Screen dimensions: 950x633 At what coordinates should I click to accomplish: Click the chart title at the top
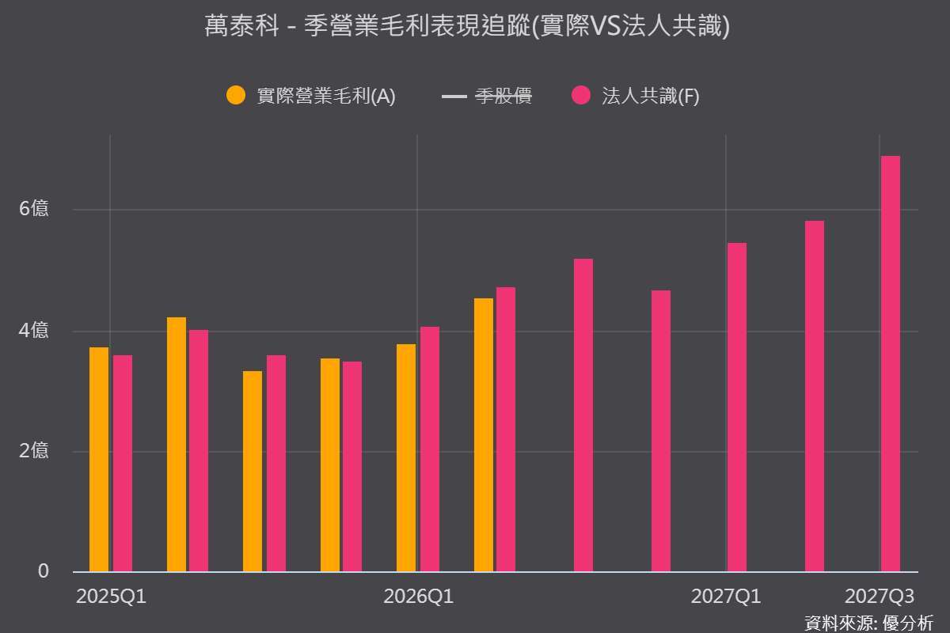click(467, 26)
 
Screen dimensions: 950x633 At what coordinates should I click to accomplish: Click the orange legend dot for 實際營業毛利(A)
click(236, 95)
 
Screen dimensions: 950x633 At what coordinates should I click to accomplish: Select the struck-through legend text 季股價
click(503, 96)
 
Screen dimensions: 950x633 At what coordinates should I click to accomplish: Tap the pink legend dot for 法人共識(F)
click(581, 95)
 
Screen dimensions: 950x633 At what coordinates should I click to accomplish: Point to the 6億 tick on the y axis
click(34, 209)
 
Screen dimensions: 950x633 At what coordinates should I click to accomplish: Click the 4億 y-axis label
click(34, 330)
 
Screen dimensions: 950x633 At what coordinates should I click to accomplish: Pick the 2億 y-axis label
click(34, 451)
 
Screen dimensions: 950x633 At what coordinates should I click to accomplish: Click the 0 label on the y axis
click(44, 571)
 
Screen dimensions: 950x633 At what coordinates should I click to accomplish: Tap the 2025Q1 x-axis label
click(111, 597)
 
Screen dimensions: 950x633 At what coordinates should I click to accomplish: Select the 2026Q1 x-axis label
click(419, 597)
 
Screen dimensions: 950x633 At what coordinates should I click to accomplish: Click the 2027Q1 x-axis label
click(726, 597)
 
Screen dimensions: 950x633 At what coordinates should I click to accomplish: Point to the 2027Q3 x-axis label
click(880, 597)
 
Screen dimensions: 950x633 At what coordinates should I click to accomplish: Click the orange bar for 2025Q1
click(99, 460)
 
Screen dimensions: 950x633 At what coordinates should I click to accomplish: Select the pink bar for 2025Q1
click(123, 464)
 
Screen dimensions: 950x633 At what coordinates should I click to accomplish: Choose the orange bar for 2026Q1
click(406, 458)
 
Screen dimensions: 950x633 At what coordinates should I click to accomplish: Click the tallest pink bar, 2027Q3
click(891, 364)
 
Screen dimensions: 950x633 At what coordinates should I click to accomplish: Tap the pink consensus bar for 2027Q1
click(737, 407)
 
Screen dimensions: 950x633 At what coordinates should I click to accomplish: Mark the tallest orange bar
click(484, 435)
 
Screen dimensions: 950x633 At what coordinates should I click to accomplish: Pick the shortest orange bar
click(253, 472)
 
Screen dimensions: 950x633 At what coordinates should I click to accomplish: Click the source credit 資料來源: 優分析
click(868, 624)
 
